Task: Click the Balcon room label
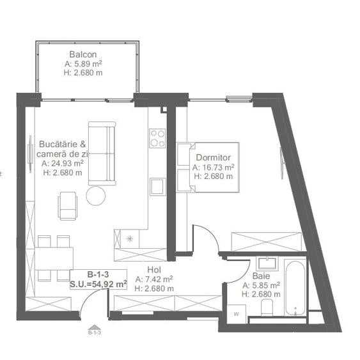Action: click(84, 55)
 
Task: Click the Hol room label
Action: click(153, 270)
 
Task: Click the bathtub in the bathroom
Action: click(295, 286)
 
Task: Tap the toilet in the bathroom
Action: click(267, 308)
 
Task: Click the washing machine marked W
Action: click(236, 313)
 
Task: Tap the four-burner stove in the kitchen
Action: click(157, 137)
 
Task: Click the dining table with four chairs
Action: click(54, 258)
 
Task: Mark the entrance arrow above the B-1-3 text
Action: click(93, 325)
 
